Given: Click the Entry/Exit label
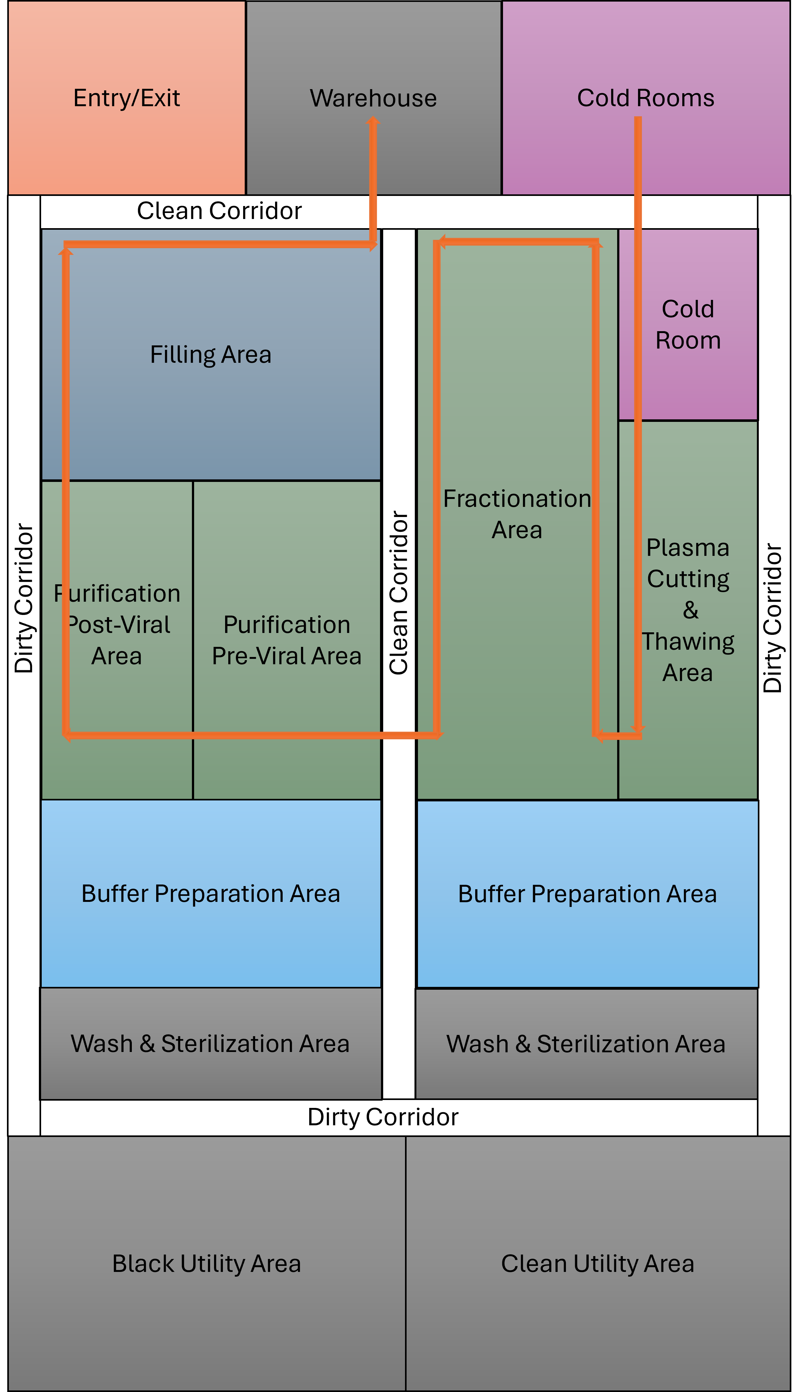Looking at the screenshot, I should (x=126, y=98).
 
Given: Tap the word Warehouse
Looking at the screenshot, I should (x=373, y=98).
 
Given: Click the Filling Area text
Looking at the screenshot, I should (x=210, y=354).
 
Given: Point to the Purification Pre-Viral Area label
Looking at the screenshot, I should (x=286, y=640).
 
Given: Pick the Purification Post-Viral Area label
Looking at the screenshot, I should (x=117, y=625).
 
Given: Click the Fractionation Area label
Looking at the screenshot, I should (x=517, y=514).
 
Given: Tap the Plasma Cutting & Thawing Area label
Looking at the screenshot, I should (x=688, y=610).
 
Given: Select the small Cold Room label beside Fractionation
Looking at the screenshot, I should (x=688, y=325).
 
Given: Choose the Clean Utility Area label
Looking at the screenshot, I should (x=598, y=1263).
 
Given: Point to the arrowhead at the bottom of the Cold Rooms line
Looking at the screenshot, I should (x=638, y=729).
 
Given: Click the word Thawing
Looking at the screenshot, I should (x=688, y=641).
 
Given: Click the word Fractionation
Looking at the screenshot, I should (x=517, y=498).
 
